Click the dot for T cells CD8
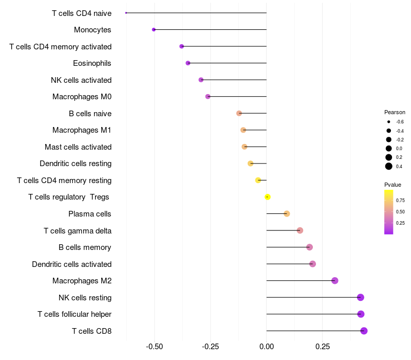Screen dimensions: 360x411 (364, 331)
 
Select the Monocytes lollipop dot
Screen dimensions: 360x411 (154, 30)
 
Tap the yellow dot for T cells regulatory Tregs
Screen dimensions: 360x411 (267, 197)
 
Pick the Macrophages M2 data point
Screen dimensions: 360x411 (334, 281)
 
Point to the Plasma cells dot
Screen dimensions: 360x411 (287, 214)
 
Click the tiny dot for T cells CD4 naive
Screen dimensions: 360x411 (126, 13)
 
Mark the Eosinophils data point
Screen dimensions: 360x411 (188, 63)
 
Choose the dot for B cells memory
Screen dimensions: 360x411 (309, 247)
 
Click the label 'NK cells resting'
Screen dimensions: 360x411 (85, 297)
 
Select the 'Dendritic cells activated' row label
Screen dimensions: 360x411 (71, 264)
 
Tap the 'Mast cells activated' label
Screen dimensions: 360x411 (78, 147)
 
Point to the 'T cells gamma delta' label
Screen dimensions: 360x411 (78, 230)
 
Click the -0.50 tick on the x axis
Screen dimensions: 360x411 (155, 347)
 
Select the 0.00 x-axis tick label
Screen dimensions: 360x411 (267, 347)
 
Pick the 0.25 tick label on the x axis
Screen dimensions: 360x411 (323, 347)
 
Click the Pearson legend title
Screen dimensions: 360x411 (395, 112)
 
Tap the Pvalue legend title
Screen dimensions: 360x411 (393, 185)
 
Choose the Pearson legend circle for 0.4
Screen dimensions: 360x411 (389, 166)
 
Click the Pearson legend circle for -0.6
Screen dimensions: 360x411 (389, 122)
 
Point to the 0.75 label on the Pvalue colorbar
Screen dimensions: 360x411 (400, 200)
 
